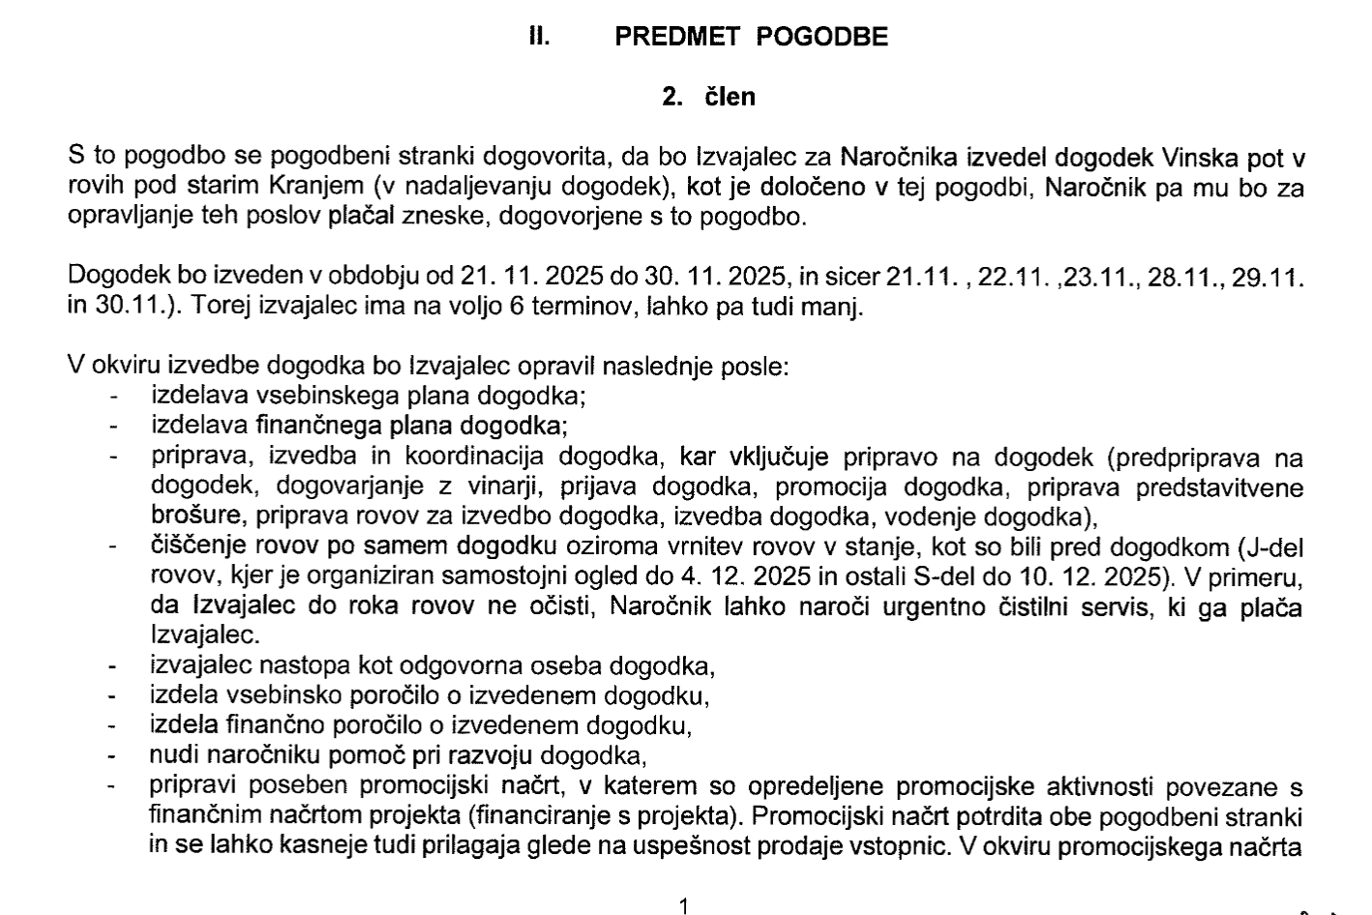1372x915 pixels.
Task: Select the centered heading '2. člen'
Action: point(708,97)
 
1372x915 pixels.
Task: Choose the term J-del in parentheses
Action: point(1274,547)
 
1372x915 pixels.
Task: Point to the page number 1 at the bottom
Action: point(684,906)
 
